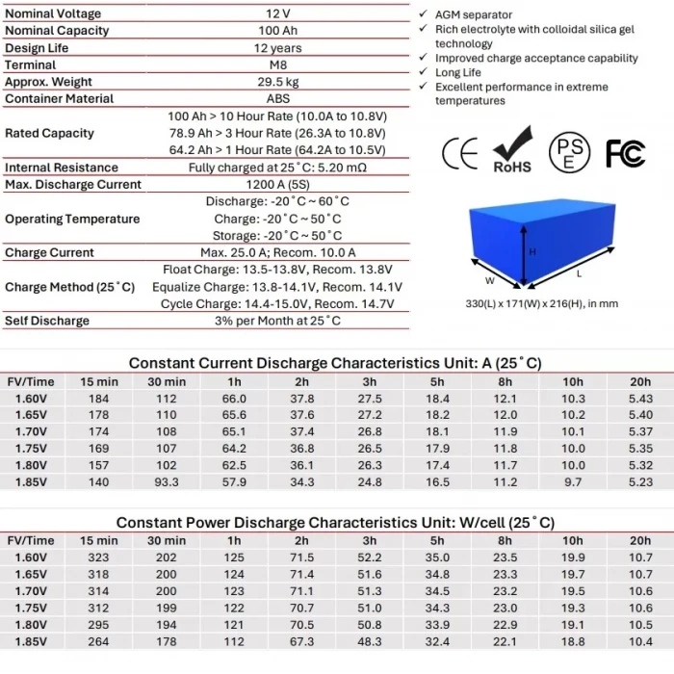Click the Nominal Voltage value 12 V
click(276, 14)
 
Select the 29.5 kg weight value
click(276, 82)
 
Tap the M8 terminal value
click(276, 65)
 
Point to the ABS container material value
click(276, 98)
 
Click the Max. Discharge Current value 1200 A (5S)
click(276, 184)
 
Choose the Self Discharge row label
click(47, 321)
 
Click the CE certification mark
click(459, 153)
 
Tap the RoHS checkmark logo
click(512, 150)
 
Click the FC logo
click(625, 153)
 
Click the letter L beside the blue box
click(578, 274)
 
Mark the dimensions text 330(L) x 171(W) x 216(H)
click(540, 304)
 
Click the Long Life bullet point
click(457, 72)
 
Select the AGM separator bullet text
click(474, 14)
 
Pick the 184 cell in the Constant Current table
click(99, 399)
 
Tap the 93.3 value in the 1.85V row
click(167, 482)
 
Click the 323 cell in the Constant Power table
click(99, 557)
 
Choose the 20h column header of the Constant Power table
click(640, 540)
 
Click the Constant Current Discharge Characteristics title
click(335, 363)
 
